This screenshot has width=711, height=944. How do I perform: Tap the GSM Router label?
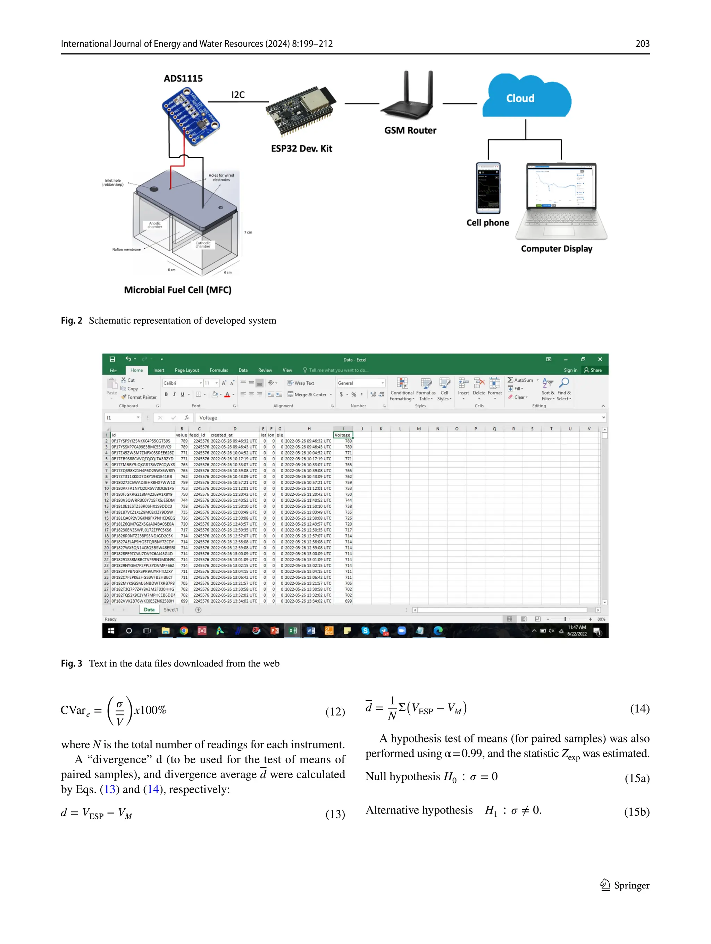410,130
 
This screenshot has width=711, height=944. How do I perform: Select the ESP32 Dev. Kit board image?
301,110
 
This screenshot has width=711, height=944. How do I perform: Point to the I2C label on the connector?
238,95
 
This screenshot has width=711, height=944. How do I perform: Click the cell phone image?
488,188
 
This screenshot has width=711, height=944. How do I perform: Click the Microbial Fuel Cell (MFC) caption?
178,290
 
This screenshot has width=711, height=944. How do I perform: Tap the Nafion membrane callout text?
126,250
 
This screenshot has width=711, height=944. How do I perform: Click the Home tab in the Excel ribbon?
137,371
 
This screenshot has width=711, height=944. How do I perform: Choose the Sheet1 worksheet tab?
171,610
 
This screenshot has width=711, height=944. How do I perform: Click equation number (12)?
335,712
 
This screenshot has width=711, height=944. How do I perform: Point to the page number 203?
642,43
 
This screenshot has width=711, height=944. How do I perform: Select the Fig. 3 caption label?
71,664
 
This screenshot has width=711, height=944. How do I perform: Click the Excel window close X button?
600,359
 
